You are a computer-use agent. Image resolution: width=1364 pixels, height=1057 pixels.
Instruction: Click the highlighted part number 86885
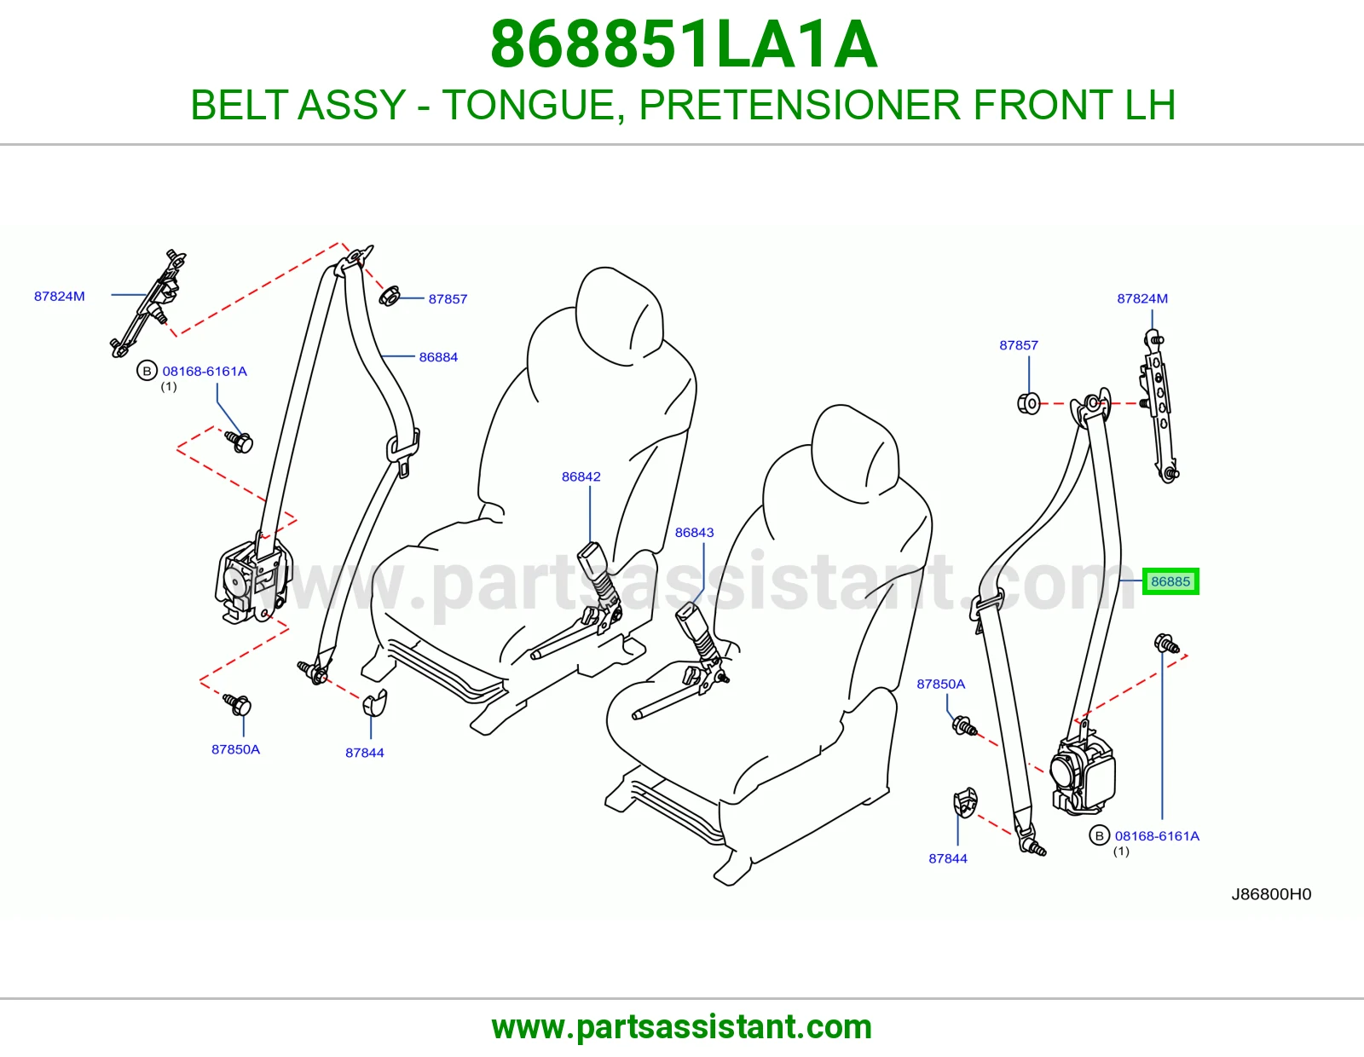(1170, 581)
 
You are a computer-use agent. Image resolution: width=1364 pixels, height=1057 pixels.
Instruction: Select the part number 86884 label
(438, 357)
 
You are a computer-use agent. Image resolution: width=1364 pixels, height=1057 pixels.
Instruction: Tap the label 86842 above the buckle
(581, 477)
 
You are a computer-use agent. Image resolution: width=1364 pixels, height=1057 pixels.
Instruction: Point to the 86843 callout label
(694, 532)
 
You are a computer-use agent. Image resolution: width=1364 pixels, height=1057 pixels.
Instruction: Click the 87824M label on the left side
(59, 297)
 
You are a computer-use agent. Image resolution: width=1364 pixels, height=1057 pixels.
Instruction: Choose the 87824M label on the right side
(1142, 298)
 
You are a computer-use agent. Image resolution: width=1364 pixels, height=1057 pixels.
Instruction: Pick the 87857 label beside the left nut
(448, 299)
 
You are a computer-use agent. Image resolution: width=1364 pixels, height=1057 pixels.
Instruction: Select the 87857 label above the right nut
(1019, 345)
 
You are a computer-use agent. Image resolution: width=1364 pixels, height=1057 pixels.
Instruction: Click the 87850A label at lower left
(235, 749)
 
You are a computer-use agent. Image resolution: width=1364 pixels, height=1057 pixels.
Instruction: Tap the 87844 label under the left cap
(364, 753)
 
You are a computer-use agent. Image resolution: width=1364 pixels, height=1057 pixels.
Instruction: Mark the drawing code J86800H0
(1271, 894)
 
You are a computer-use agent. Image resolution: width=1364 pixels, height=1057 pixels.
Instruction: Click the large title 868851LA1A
(683, 44)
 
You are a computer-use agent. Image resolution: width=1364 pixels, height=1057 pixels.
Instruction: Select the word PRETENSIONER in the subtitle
(800, 105)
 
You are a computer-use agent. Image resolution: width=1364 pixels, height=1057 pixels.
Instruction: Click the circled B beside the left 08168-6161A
(147, 371)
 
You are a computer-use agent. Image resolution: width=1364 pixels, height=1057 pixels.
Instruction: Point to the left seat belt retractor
(252, 581)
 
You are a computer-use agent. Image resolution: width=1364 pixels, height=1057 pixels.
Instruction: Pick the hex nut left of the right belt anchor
(1028, 403)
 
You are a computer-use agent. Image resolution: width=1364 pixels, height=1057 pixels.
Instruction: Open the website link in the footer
(682, 1027)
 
